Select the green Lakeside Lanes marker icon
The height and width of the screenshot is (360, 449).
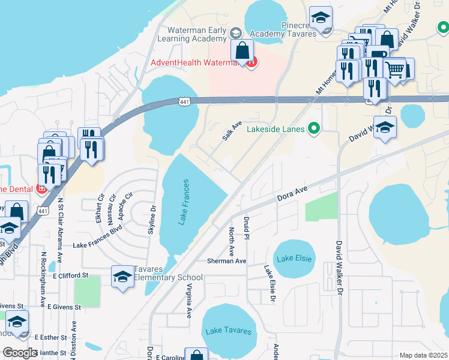313,127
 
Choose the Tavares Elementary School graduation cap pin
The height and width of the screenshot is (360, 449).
122,277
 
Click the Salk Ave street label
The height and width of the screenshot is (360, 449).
232,130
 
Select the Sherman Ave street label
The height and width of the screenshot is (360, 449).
226,261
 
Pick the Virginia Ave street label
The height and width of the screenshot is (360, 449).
188,300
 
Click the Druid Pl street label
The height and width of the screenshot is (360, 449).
246,228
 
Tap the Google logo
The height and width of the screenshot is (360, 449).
20,353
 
